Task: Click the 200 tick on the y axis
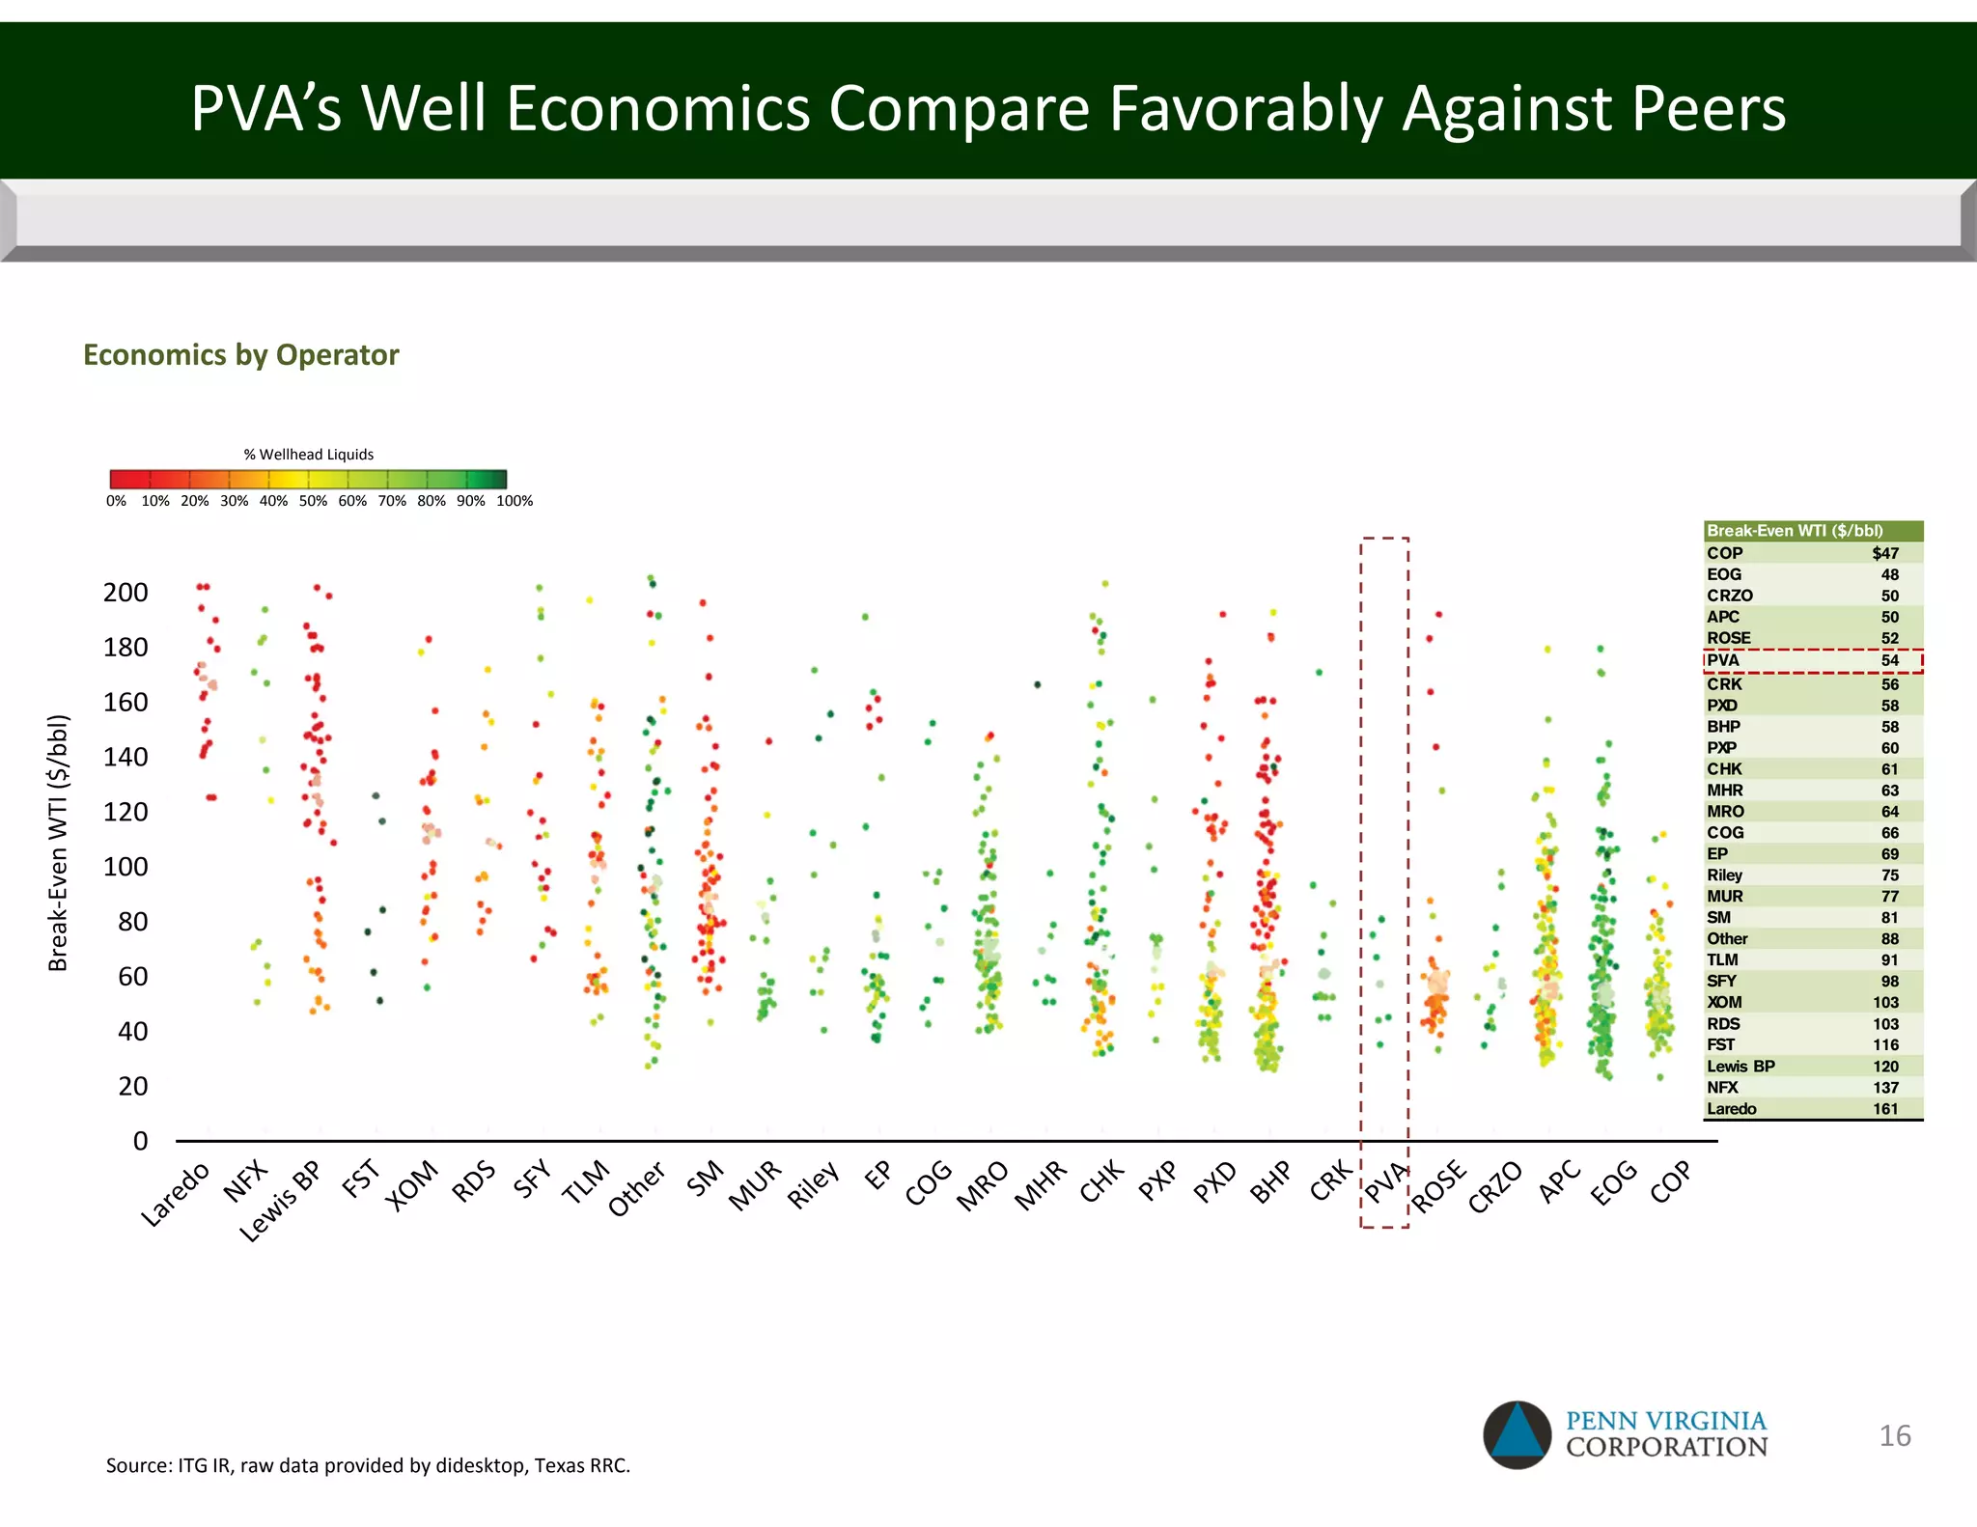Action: [125, 593]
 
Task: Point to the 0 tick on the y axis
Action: [141, 1141]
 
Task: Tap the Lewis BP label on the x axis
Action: [281, 1202]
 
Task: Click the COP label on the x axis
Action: [1671, 1181]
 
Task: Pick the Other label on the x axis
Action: [637, 1189]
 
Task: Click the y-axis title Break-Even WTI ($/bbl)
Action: [59, 843]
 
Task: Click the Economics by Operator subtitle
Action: [241, 355]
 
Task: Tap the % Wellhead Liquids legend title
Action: [308, 455]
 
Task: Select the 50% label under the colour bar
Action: [313, 501]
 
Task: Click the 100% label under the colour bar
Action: [515, 501]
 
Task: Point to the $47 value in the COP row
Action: [1884, 553]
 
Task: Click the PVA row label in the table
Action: [1723, 660]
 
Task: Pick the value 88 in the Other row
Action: [1889, 938]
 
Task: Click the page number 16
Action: [1894, 1435]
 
